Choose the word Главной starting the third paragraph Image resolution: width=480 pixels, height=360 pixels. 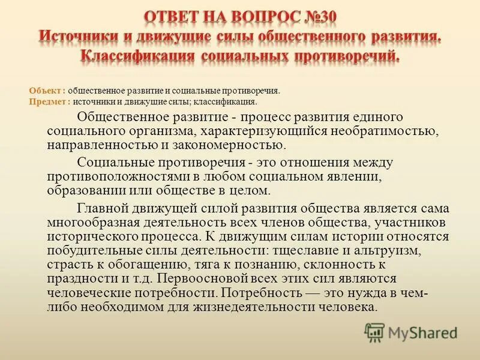[106, 209]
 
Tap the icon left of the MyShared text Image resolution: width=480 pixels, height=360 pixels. [374, 332]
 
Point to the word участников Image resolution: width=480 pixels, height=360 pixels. [409, 223]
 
